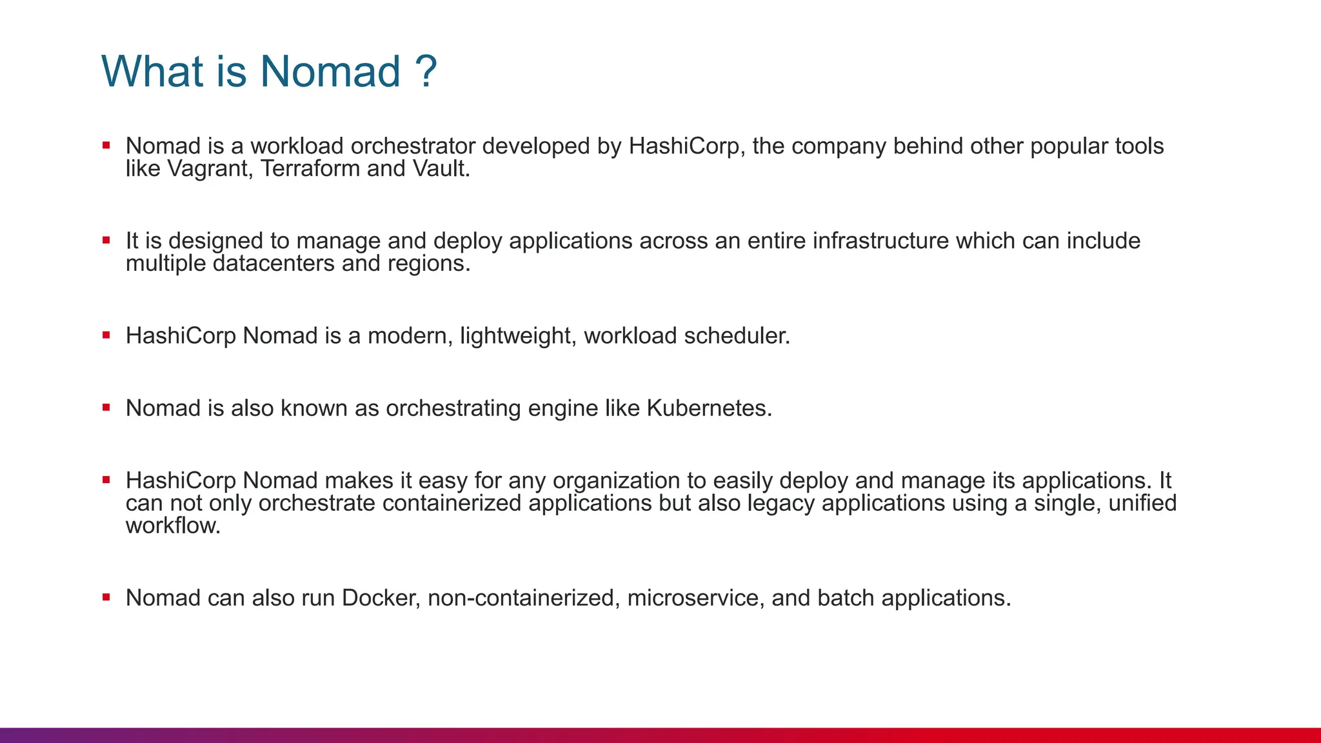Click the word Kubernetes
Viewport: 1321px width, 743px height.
(709, 408)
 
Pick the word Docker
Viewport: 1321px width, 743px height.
(381, 598)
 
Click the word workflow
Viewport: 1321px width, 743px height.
(173, 526)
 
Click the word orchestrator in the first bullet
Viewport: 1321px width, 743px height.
(413, 146)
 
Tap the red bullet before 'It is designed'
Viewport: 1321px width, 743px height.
(106, 241)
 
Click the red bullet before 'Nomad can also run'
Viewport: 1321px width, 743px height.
(106, 597)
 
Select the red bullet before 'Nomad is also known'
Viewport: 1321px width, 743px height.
(106, 408)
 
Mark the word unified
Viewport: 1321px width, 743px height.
(1142, 503)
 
